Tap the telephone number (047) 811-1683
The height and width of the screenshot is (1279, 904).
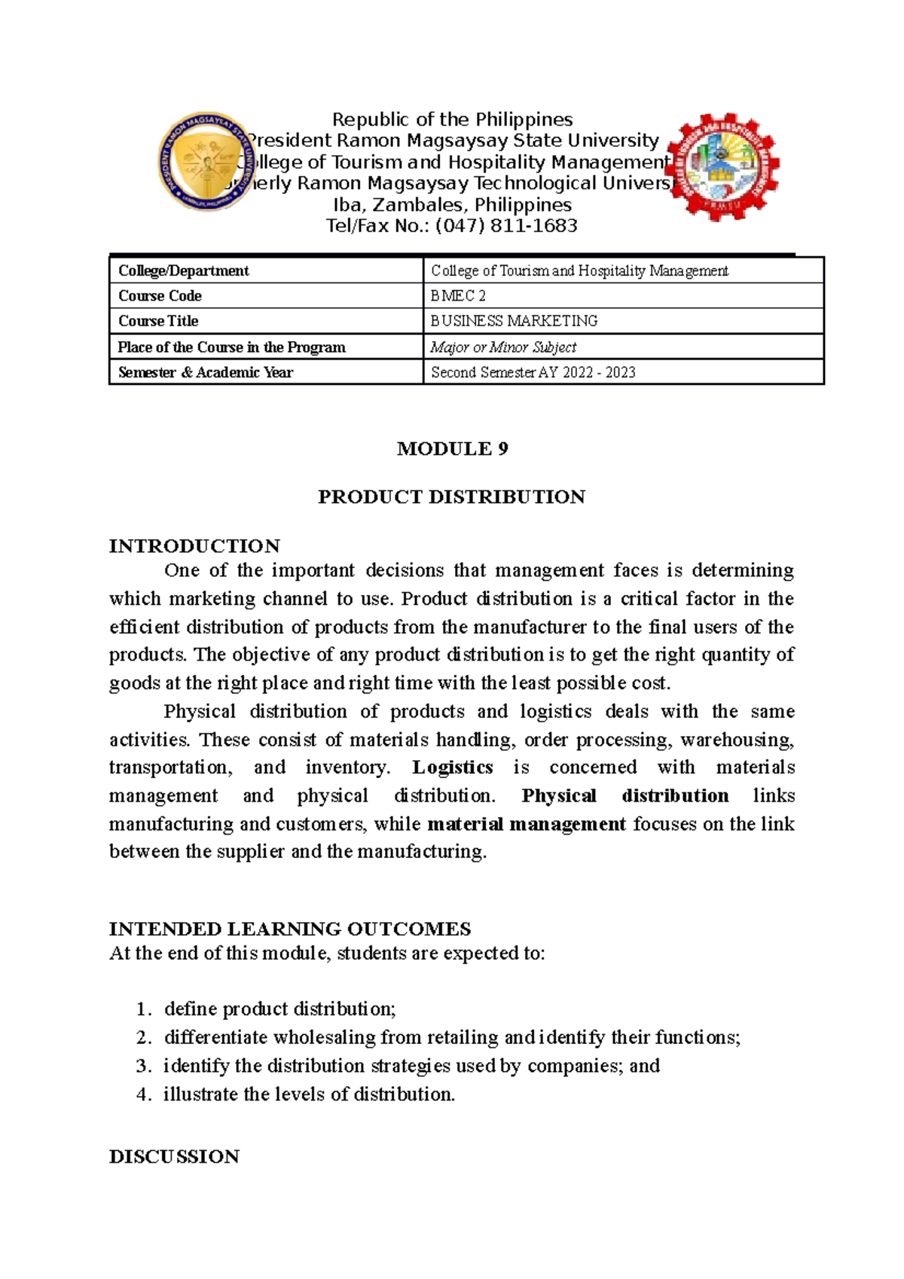506,226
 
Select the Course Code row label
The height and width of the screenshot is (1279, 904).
160,296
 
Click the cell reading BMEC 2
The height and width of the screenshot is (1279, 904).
458,296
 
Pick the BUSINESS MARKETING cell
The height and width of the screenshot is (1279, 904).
514,321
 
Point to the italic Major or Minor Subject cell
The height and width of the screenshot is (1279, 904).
503,347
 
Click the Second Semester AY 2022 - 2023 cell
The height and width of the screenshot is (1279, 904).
533,372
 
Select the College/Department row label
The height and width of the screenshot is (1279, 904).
183,270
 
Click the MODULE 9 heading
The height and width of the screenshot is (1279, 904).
452,449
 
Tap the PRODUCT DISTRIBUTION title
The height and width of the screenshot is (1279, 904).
451,497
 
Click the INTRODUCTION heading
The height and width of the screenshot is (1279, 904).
194,546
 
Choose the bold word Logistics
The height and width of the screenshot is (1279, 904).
453,768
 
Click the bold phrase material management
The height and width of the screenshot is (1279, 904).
527,824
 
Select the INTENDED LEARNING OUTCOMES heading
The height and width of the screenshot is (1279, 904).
290,929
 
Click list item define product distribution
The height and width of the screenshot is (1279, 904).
279,1009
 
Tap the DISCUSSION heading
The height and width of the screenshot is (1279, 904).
174,1157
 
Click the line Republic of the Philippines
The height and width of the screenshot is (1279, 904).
452,120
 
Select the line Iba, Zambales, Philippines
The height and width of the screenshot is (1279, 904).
452,205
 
